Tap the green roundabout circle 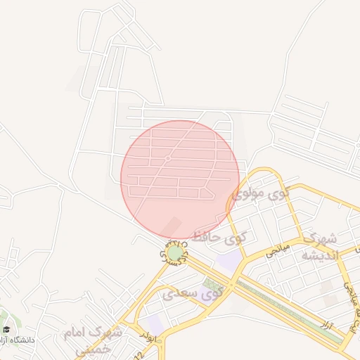[175, 252]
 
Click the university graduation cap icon [6, 330]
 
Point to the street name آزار [325, 326]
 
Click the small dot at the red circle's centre [168, 159]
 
